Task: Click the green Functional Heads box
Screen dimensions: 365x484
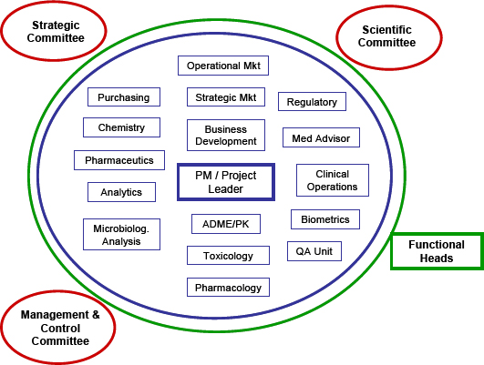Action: click(436, 251)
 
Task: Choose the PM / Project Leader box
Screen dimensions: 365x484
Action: click(225, 181)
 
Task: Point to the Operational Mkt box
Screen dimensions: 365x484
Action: click(223, 66)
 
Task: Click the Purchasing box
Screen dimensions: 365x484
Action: click(124, 97)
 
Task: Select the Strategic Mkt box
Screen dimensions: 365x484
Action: click(225, 96)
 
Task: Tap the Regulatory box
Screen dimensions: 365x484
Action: click(312, 102)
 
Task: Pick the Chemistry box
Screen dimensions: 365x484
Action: click(121, 127)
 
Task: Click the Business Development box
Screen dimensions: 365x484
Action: click(225, 136)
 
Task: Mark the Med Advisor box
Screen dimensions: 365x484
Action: click(320, 138)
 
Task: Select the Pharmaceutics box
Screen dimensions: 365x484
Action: click(119, 160)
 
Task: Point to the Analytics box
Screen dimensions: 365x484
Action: click(121, 192)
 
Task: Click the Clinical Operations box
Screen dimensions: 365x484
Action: click(332, 180)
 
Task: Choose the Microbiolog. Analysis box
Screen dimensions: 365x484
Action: click(121, 234)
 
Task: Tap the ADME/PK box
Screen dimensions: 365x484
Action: click(226, 224)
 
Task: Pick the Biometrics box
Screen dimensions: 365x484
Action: click(325, 219)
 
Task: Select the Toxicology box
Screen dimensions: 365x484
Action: click(228, 256)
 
